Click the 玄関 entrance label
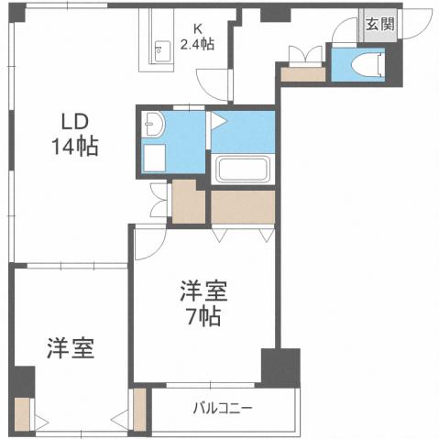point(379,25)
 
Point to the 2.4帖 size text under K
point(197,44)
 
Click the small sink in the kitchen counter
point(162,49)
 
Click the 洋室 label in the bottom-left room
point(71,349)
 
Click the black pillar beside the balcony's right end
point(280,367)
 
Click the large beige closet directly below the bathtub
point(242,207)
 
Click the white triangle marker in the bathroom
point(218,120)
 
